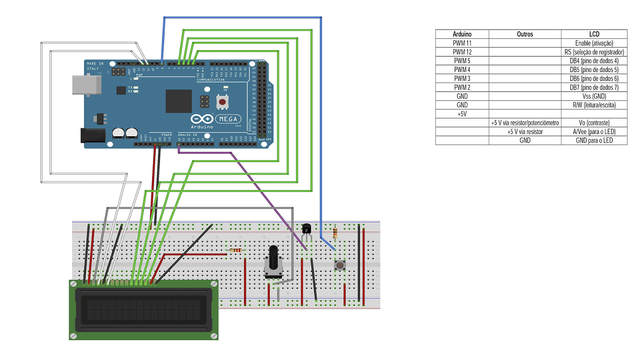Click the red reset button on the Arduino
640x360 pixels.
pyautogui.click(x=222, y=102)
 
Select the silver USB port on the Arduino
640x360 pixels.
pyautogui.click(x=86, y=85)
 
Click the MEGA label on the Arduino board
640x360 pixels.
pyautogui.click(x=228, y=119)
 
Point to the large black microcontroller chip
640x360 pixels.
pyautogui.click(x=178, y=101)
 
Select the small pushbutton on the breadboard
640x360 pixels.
pyautogui.click(x=340, y=265)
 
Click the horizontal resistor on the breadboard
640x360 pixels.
pyautogui.click(x=236, y=250)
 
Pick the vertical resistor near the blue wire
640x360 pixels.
pyautogui.click(x=335, y=232)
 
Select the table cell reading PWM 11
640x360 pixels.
pyautogui.click(x=462, y=43)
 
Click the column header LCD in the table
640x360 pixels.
pyautogui.click(x=594, y=34)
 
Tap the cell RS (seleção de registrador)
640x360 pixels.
pyautogui.click(x=594, y=52)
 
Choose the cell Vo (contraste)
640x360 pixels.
pyautogui.click(x=594, y=123)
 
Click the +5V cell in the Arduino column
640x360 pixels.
pyautogui.click(x=462, y=114)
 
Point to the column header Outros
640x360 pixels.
pyautogui.click(x=525, y=34)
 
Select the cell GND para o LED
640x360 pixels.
pyautogui.click(x=594, y=140)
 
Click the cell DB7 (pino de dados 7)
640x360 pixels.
pyautogui.click(x=594, y=87)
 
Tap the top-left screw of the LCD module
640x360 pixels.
pyautogui.click(x=74, y=284)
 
